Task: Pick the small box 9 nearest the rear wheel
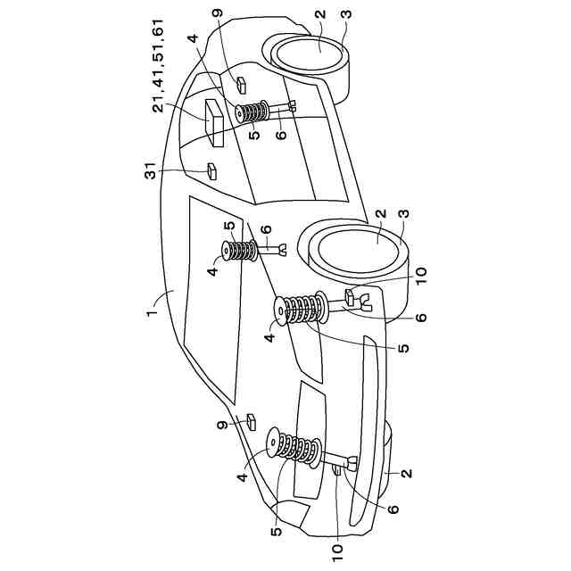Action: click(242, 84)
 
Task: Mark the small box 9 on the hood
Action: click(251, 418)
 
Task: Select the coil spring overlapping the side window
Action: click(239, 251)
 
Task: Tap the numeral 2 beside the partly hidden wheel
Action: click(407, 474)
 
